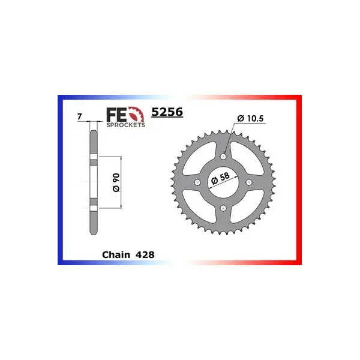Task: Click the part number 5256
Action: coord(167,112)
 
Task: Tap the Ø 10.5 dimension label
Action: coord(250,118)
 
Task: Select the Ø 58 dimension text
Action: coord(220,178)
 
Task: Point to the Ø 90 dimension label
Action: coord(116,182)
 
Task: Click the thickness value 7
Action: coord(79,117)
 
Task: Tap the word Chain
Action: coord(116,254)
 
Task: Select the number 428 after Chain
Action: coord(145,254)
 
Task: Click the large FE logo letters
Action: coord(116,115)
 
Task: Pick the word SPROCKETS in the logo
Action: coord(125,125)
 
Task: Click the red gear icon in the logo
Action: coord(137,114)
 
